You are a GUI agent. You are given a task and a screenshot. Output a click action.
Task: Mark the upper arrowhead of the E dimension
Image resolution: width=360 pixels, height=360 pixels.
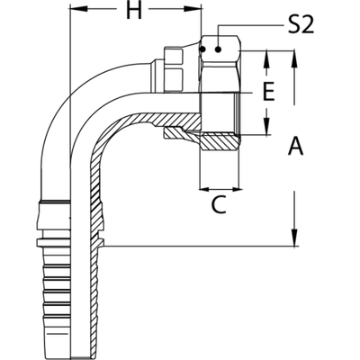(267, 59)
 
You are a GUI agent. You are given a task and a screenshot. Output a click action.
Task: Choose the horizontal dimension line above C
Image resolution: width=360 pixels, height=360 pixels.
(221, 188)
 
